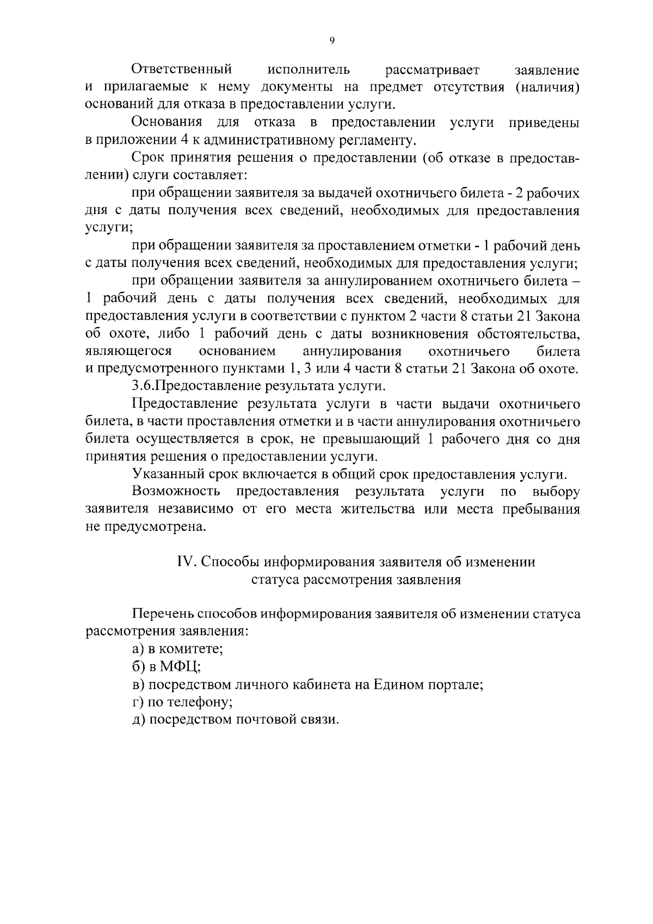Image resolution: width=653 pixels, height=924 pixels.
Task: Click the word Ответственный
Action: click(x=182, y=70)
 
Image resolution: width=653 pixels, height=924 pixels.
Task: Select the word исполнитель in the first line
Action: click(x=309, y=70)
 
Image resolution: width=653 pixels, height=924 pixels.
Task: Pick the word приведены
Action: click(x=544, y=123)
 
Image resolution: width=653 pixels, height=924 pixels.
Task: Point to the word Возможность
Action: click(x=176, y=492)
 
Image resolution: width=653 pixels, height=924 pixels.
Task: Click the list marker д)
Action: click(x=138, y=719)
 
